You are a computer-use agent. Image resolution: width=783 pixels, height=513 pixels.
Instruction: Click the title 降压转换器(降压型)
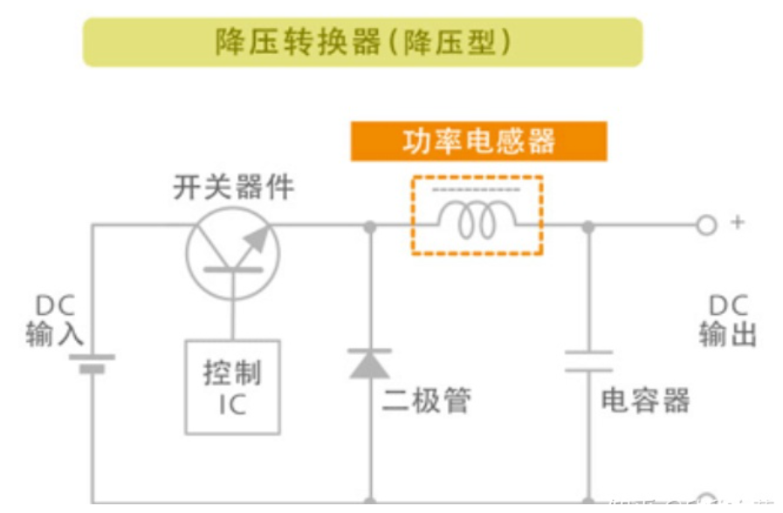tap(362, 42)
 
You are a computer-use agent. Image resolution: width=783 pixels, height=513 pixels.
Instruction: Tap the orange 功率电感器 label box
tap(478, 141)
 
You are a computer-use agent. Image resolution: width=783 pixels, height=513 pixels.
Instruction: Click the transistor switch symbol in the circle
tap(232, 253)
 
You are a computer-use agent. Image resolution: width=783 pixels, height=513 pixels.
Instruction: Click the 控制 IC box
tap(232, 386)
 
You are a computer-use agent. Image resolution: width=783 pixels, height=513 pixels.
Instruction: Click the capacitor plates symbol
tap(588, 361)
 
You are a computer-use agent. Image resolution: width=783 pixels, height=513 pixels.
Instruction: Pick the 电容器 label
tap(645, 400)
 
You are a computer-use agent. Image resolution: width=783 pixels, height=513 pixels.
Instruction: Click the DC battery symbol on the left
tap(92, 362)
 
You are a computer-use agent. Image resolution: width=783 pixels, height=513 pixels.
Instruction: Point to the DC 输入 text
tap(55, 320)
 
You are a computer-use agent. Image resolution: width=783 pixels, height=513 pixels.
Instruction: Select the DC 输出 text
tap(727, 320)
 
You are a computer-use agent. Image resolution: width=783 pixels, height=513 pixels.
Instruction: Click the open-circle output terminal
tap(705, 225)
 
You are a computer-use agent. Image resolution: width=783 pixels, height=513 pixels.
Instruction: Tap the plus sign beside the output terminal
tap(738, 222)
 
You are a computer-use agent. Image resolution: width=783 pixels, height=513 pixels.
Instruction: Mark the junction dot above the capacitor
tap(588, 226)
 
